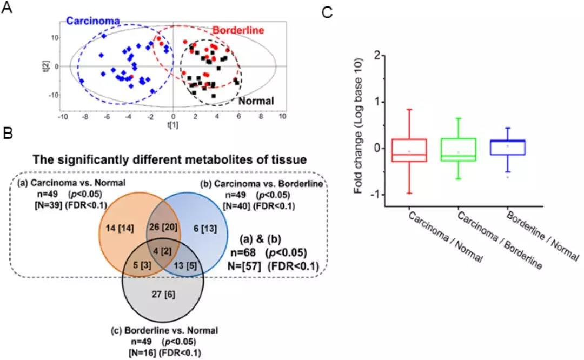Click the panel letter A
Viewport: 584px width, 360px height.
point(7,8)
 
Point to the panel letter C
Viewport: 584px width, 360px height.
point(327,12)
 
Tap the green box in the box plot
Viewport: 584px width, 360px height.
point(458,150)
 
